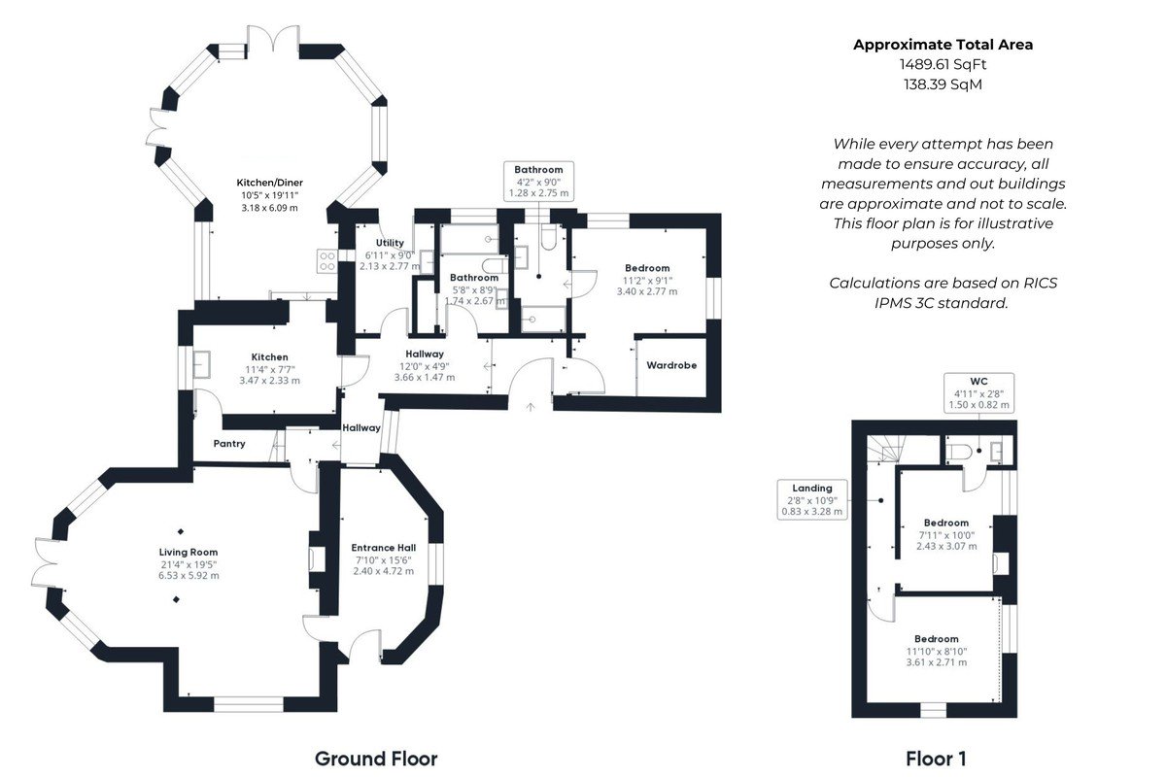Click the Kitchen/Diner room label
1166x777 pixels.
(270, 183)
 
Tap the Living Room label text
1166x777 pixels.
(189, 553)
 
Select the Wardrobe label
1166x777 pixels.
(671, 365)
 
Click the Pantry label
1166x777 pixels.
(229, 444)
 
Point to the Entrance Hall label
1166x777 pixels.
(384, 548)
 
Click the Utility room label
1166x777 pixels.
(390, 243)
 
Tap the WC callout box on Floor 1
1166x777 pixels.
(978, 393)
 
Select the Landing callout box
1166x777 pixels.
(812, 499)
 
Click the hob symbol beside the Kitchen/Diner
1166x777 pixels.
(326, 261)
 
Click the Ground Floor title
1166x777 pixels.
(376, 759)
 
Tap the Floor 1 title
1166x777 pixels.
(936, 759)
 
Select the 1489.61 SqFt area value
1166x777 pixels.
(943, 64)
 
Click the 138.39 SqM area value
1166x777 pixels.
(943, 84)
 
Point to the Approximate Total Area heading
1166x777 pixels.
(943, 45)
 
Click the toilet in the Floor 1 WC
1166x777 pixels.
(959, 452)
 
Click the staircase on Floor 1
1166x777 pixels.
(886, 449)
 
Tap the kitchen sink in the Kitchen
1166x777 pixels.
(201, 364)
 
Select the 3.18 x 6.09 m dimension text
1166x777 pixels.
(270, 208)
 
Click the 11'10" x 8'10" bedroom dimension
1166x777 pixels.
(937, 651)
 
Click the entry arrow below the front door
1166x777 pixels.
(531, 407)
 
